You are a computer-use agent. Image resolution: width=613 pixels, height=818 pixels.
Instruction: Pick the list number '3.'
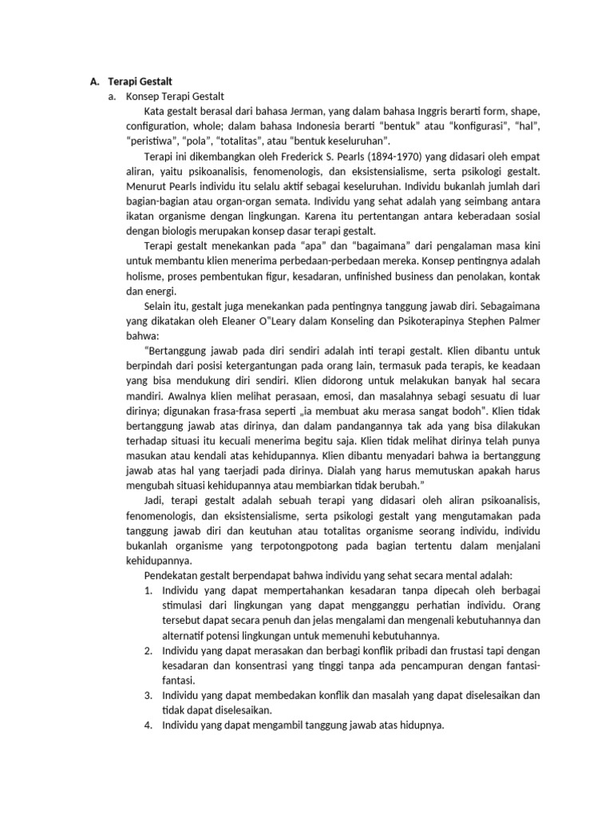148,695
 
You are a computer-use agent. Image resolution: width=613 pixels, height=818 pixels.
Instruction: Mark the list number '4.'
148,725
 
